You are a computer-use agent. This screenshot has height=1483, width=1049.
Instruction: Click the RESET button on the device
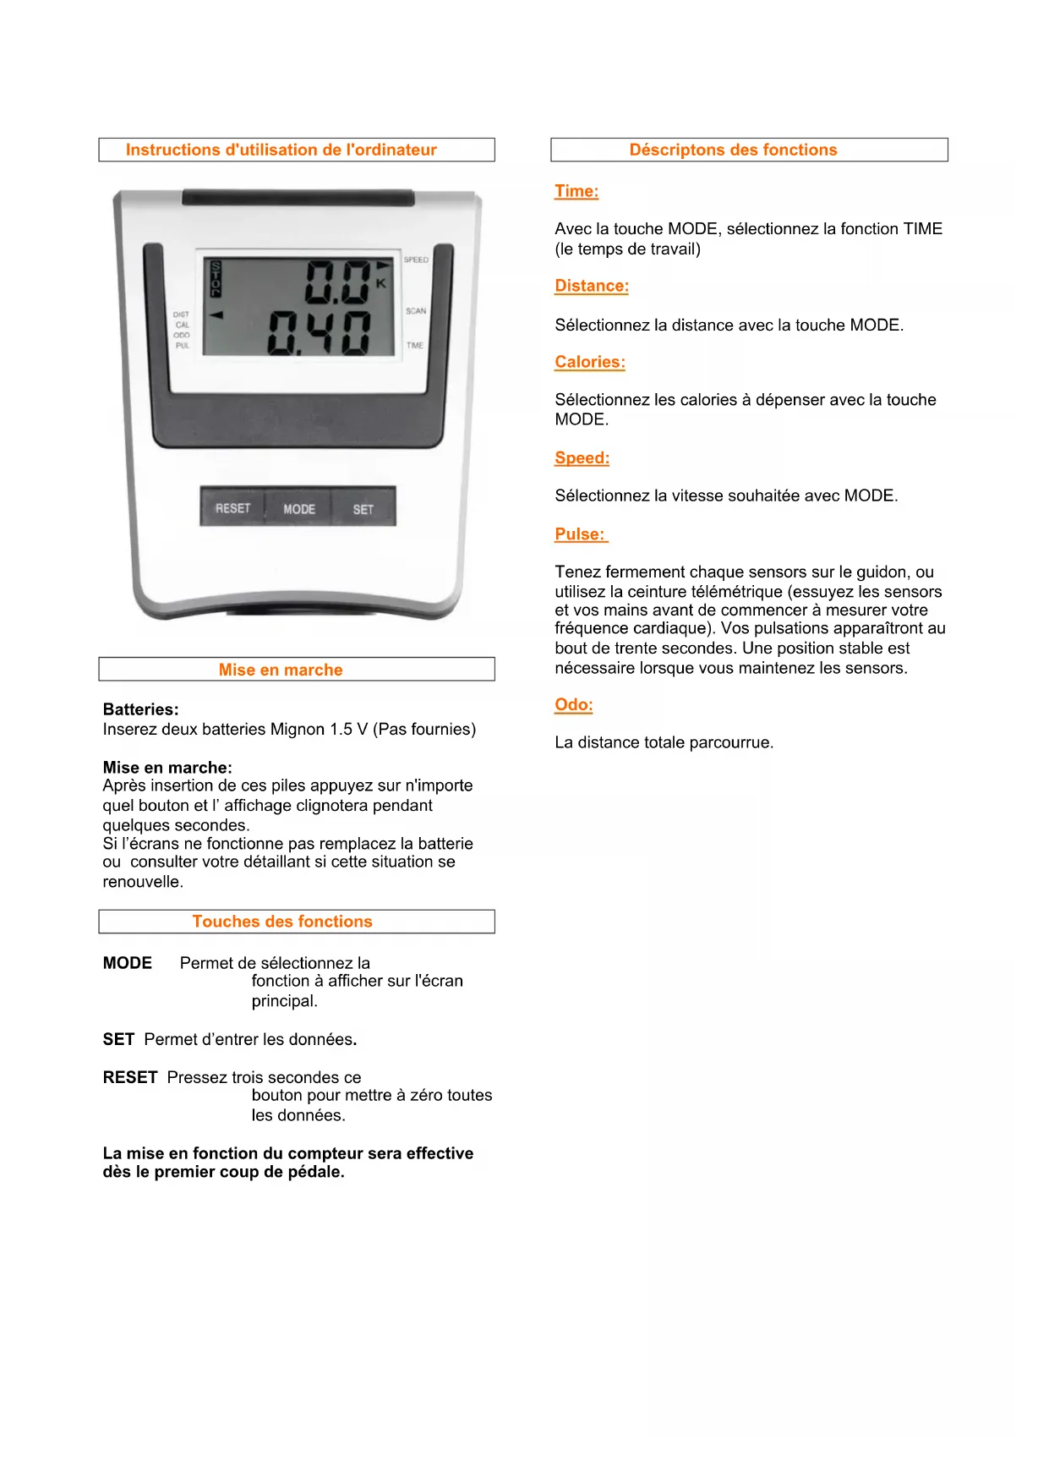click(x=232, y=508)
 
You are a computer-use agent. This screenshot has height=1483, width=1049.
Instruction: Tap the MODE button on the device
click(x=298, y=509)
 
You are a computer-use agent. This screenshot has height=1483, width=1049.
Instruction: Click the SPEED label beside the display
click(x=416, y=260)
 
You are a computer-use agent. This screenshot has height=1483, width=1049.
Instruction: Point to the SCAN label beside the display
click(x=416, y=311)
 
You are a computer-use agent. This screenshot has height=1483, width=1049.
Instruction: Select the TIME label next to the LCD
click(x=415, y=345)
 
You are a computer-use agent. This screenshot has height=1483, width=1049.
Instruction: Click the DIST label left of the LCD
click(x=181, y=315)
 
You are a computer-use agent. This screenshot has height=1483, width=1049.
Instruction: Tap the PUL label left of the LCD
click(x=183, y=346)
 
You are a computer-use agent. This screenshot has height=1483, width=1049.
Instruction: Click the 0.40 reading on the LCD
click(x=320, y=333)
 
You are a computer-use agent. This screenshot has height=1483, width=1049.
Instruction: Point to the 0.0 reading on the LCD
click(x=337, y=282)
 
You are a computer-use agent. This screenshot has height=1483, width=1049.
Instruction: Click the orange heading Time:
click(x=576, y=191)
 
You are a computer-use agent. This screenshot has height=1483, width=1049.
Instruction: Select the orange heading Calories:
click(x=590, y=362)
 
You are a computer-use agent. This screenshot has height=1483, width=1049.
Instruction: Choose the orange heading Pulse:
click(x=580, y=534)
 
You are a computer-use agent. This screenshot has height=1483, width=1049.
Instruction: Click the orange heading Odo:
click(x=574, y=705)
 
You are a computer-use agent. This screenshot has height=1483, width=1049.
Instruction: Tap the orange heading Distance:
click(x=592, y=286)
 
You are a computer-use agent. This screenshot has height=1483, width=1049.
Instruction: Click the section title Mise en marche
click(x=281, y=670)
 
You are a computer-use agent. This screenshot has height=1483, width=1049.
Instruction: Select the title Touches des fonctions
click(x=282, y=922)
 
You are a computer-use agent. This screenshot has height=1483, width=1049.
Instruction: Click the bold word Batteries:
click(x=140, y=709)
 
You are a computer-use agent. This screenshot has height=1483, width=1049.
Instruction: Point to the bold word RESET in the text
click(x=130, y=1077)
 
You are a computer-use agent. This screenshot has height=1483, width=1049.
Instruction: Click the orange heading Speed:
click(x=582, y=458)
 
